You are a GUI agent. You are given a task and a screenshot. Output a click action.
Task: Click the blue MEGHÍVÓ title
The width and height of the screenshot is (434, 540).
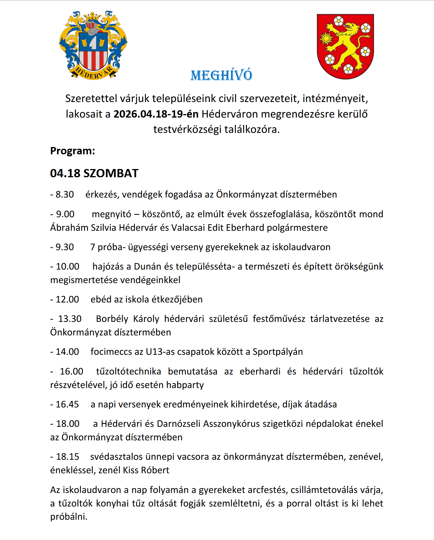pyautogui.click(x=221, y=75)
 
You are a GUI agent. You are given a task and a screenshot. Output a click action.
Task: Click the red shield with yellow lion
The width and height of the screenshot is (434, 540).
pyautogui.click(x=345, y=46)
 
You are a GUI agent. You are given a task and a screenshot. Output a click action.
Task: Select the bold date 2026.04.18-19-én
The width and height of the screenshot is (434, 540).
pyautogui.click(x=156, y=114)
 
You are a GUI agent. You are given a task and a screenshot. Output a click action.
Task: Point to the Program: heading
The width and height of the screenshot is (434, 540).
pyautogui.click(x=73, y=151)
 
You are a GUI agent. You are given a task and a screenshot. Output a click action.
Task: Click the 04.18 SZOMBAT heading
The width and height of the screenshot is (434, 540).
pyautogui.click(x=94, y=173)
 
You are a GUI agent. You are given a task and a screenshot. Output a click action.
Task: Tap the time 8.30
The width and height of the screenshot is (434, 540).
pyautogui.click(x=65, y=195)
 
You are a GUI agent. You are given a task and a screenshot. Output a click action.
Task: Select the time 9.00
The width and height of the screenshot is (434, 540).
pyautogui.click(x=65, y=214)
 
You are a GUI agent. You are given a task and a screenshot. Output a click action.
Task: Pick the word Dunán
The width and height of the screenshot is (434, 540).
pyautogui.click(x=148, y=267)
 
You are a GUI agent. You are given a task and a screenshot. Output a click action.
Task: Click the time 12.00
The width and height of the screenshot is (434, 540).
pyautogui.click(x=67, y=300)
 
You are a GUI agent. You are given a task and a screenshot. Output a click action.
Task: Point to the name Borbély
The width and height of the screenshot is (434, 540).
pyautogui.click(x=112, y=319)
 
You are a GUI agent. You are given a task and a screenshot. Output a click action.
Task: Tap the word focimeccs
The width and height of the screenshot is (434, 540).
pyautogui.click(x=111, y=352)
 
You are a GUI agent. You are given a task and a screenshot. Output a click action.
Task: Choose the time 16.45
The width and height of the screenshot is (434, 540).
pyautogui.click(x=67, y=404)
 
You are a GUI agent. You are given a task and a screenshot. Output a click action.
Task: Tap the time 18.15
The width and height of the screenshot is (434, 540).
pyautogui.click(x=68, y=457)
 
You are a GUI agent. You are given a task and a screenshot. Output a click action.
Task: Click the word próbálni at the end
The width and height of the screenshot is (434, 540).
pyautogui.click(x=69, y=517)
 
